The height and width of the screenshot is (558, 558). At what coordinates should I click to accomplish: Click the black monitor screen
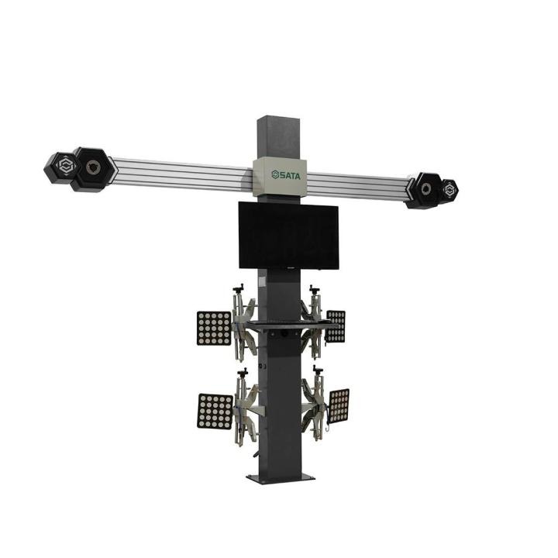click(x=288, y=235)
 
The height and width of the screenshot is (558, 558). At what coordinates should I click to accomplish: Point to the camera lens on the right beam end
click(x=426, y=188)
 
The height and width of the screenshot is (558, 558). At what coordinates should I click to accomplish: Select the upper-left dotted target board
click(x=214, y=329)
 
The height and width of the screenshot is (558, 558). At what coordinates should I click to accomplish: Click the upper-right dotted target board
click(x=336, y=326)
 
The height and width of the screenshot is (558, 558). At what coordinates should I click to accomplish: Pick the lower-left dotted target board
click(x=215, y=412)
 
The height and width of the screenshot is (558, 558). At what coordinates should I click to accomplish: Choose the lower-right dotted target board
click(x=339, y=405)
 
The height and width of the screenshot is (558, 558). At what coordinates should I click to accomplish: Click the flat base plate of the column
click(x=281, y=478)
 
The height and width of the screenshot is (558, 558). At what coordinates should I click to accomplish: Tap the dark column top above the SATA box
click(x=280, y=136)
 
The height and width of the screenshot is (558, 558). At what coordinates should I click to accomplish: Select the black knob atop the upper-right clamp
click(x=315, y=289)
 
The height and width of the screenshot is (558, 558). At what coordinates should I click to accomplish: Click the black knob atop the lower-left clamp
click(x=243, y=374)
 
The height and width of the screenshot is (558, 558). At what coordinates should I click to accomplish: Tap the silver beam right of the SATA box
click(x=356, y=185)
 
